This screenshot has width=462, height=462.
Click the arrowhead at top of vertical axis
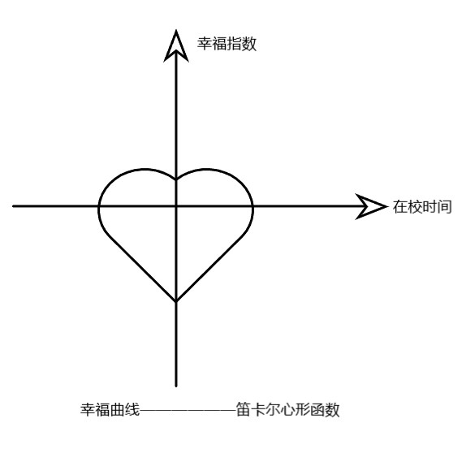pos(176,46)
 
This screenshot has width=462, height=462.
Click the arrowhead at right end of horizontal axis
pos(371,206)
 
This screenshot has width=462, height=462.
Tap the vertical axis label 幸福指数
pos(227,44)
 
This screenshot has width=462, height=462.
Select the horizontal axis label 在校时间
pos(422,206)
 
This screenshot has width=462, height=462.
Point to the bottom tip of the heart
pos(176,301)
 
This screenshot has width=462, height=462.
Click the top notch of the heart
pos(176,179)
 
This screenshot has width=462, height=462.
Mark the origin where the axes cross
pos(176,206)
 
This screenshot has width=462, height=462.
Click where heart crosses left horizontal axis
pos(99,206)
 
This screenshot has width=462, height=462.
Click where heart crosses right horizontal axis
pos(253,206)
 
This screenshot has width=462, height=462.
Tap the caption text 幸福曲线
pos(110,409)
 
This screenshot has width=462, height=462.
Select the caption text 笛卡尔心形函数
pos(288,409)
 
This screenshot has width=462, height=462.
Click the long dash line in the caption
pos(188,410)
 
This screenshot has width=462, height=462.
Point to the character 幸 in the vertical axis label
pos(205,44)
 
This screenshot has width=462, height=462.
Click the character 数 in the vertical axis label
pos(249,44)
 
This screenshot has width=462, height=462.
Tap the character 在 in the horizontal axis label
pos(399,206)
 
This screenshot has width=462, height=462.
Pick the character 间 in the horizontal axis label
pos(445,206)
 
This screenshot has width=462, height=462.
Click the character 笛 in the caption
pos(244,409)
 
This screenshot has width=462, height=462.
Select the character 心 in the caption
pos(288,409)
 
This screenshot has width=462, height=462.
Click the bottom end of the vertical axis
pos(176,386)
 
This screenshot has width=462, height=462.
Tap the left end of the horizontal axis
pos(14,206)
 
